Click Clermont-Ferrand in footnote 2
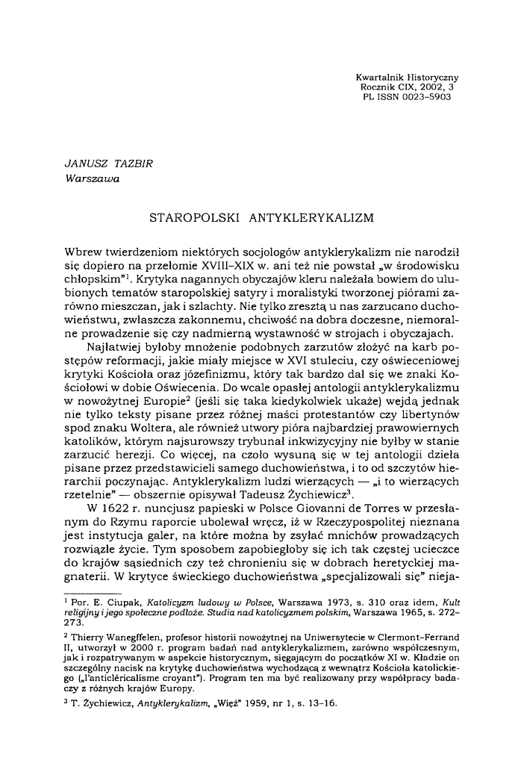pos(426,646)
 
